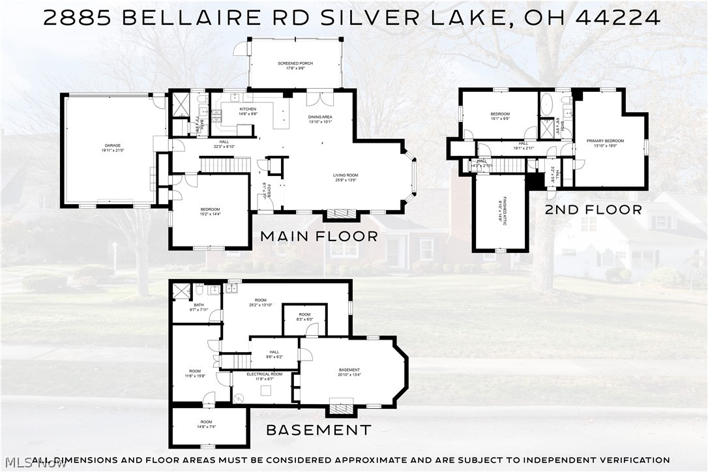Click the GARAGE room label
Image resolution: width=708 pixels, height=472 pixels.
[113, 146]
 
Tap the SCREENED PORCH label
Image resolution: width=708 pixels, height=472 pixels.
[295, 64]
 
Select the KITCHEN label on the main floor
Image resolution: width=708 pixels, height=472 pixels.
[248, 110]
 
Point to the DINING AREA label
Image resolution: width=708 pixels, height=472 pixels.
[320, 117]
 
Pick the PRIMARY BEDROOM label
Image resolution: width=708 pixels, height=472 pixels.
[610, 141]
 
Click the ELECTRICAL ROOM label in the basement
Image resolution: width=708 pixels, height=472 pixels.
[264, 374]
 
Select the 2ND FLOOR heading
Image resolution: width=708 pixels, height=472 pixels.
[594, 209]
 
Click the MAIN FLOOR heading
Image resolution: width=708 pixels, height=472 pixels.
[319, 236]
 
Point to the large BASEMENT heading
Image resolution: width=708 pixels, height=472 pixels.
[318, 430]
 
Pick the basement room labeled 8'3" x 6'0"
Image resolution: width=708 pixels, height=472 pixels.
[305, 319]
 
